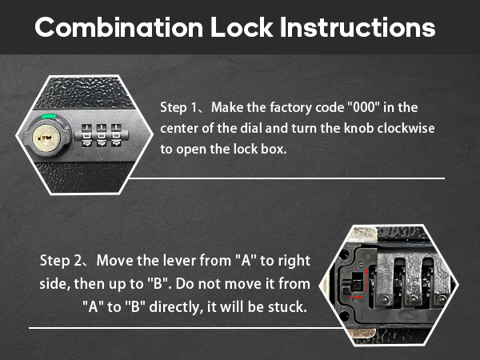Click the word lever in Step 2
pos(188,262)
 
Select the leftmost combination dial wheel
pos(83,134)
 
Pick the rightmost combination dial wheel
pos(117,134)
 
